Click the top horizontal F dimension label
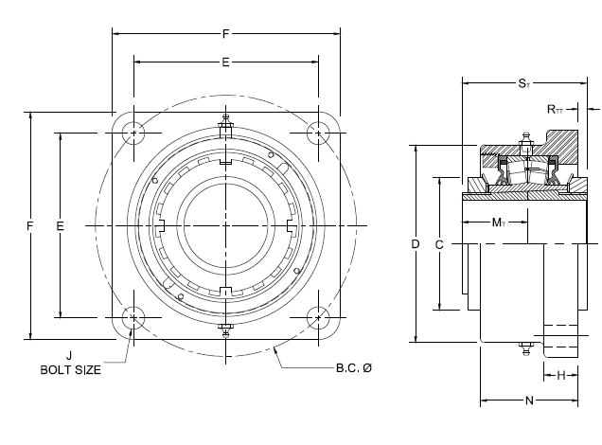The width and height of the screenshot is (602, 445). pyautogui.click(x=225, y=34)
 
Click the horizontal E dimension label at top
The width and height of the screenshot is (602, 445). pyautogui.click(x=225, y=62)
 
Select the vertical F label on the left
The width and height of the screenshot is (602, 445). pyautogui.click(x=30, y=225)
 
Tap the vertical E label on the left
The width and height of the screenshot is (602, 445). pyautogui.click(x=60, y=225)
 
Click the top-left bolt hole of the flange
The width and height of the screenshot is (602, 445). pyautogui.click(x=133, y=133)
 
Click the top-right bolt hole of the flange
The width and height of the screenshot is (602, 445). pyautogui.click(x=318, y=133)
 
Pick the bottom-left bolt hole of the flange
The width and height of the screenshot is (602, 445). pyautogui.click(x=133, y=318)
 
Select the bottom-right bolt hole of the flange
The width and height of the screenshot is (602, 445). pyautogui.click(x=318, y=318)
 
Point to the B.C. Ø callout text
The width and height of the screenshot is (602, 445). pyautogui.click(x=354, y=367)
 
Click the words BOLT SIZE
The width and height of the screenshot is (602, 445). pyautogui.click(x=71, y=370)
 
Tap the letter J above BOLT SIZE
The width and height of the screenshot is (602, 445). pyautogui.click(x=69, y=355)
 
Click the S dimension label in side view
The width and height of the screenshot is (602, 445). pyautogui.click(x=524, y=83)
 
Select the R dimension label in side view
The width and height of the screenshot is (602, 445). pyautogui.click(x=555, y=110)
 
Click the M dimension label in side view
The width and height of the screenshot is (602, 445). pyautogui.click(x=499, y=222)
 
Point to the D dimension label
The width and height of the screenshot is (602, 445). pyautogui.click(x=416, y=244)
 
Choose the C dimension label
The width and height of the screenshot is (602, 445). pyautogui.click(x=439, y=244)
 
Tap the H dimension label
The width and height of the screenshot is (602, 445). pyautogui.click(x=561, y=375)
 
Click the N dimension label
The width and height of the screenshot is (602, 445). pyautogui.click(x=529, y=400)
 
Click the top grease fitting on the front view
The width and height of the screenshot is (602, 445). pyautogui.click(x=225, y=122)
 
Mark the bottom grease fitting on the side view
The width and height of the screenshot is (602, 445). pyautogui.click(x=525, y=348)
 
